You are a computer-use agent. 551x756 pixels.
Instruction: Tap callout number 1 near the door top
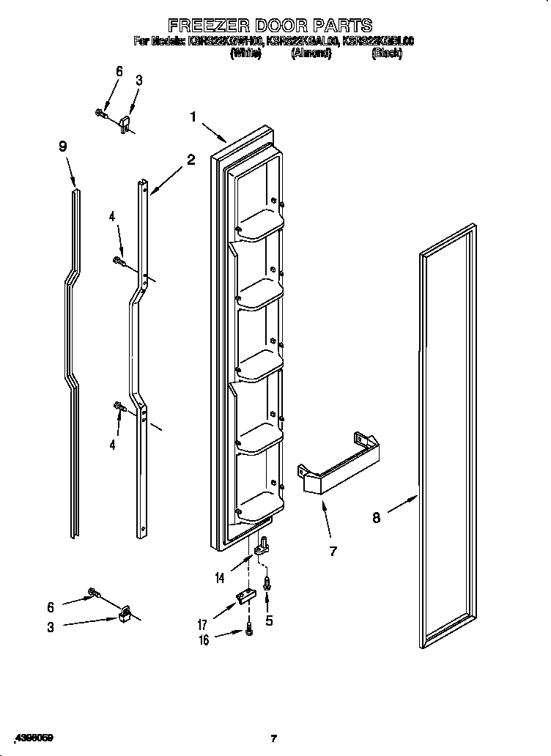pyautogui.click(x=193, y=116)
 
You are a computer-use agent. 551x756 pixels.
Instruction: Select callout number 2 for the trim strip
pyautogui.click(x=191, y=160)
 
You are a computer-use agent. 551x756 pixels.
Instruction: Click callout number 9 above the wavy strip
pyautogui.click(x=63, y=147)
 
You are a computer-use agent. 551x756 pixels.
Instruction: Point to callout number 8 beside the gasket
pyautogui.click(x=377, y=518)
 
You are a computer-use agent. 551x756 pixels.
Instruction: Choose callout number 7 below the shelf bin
pyautogui.click(x=333, y=551)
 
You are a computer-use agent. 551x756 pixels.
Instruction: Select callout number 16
pyautogui.click(x=204, y=640)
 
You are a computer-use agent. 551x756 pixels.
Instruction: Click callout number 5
pyautogui.click(x=269, y=619)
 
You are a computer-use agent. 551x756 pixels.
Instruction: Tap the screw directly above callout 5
pyautogui.click(x=268, y=584)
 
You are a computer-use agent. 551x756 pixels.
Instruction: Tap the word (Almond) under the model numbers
pyautogui.click(x=311, y=53)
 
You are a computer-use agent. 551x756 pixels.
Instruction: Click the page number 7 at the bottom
pyautogui.click(x=274, y=738)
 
